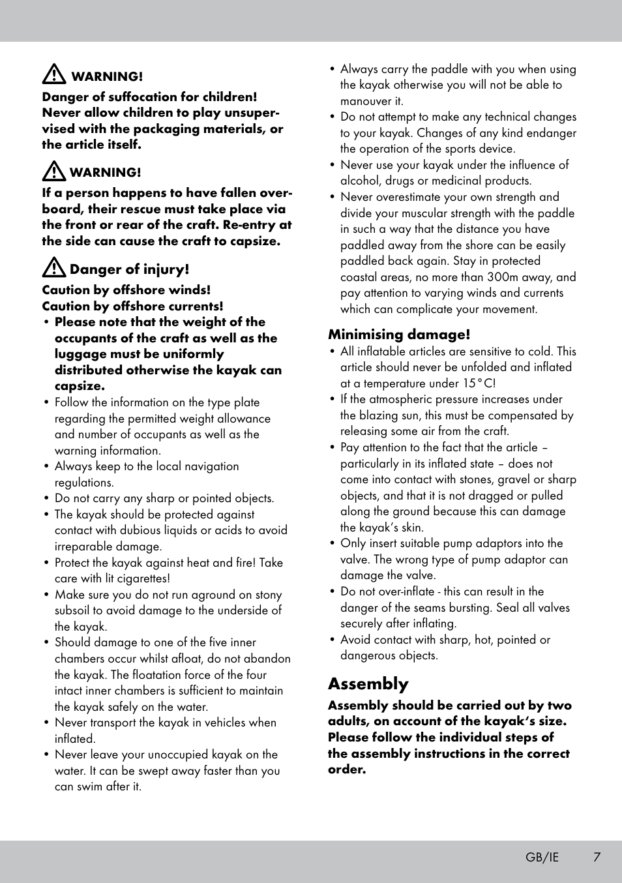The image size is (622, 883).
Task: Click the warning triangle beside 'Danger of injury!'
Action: [53, 268]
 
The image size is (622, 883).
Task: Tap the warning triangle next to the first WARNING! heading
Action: [53, 75]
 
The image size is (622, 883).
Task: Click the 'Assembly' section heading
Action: [368, 683]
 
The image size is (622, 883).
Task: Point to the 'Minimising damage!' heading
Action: [398, 335]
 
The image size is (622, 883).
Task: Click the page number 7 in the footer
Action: [597, 857]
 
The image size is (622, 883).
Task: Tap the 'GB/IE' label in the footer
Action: [542, 857]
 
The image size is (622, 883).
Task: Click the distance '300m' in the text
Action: [503, 277]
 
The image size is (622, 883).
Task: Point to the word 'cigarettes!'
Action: [143, 578]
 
